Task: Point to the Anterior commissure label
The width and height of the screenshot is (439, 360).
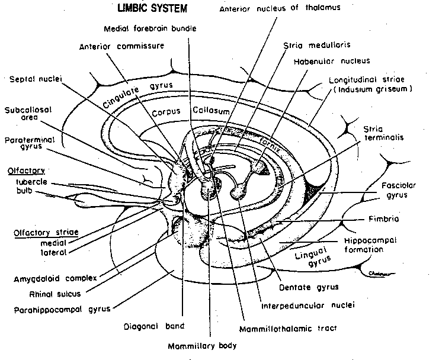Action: point(121,46)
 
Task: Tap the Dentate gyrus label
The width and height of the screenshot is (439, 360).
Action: point(308,287)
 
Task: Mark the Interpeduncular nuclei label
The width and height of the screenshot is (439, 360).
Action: point(307,306)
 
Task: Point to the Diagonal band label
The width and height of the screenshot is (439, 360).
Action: point(154,325)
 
